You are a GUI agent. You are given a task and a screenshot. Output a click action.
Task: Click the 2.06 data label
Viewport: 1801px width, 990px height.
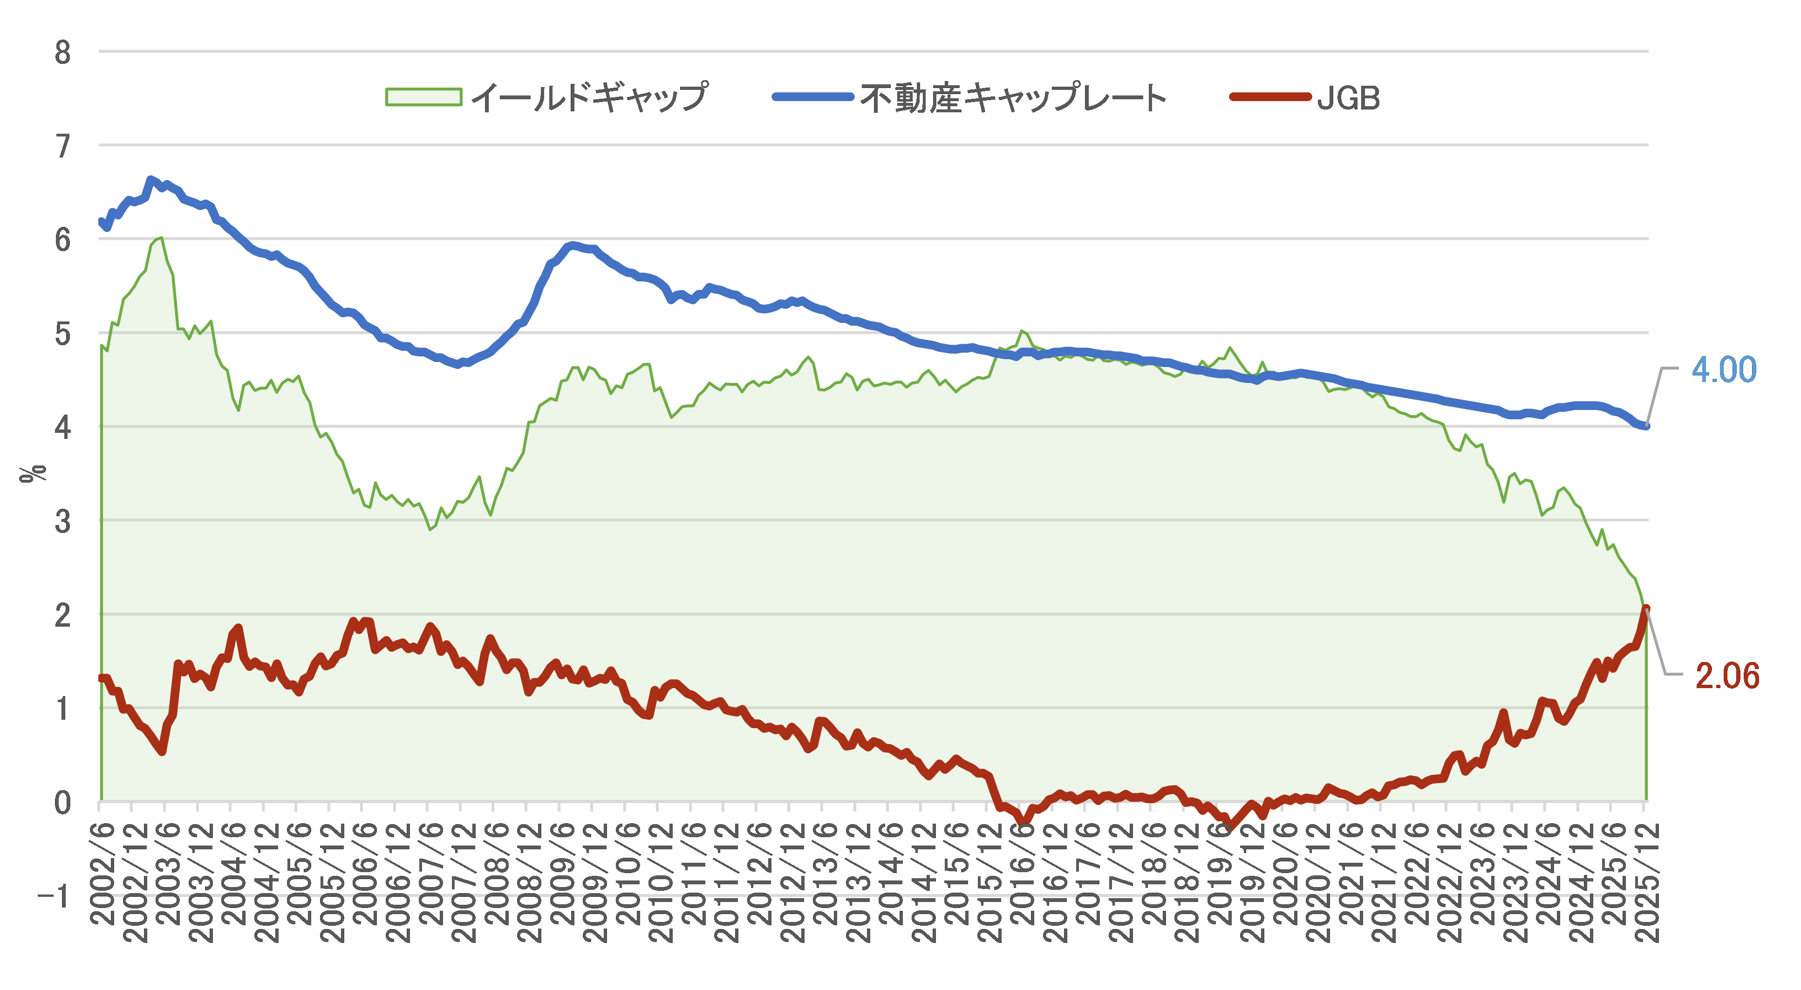[1727, 676]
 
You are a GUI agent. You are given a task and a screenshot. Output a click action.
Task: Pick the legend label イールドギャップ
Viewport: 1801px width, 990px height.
[589, 98]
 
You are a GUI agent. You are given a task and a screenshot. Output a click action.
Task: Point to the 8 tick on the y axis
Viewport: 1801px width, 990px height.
[63, 53]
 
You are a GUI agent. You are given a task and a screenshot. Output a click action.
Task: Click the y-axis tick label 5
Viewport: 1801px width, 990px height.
[63, 334]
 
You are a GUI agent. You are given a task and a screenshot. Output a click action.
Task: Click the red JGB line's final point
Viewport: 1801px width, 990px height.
[1646, 609]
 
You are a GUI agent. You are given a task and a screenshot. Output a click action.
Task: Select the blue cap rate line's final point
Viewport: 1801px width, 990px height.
[1646, 426]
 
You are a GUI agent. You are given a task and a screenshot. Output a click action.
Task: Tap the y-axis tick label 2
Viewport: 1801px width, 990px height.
[63, 615]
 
